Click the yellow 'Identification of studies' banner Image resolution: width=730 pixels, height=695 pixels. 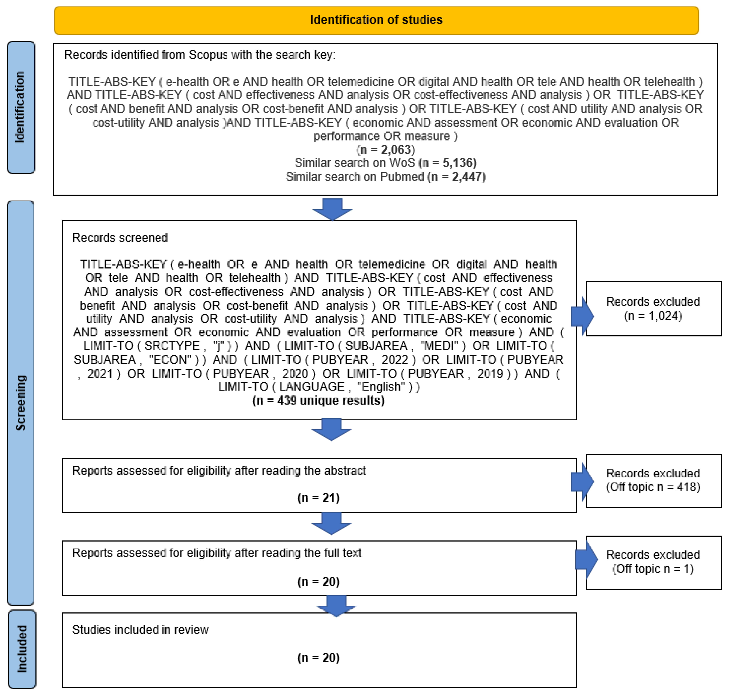[x=376, y=20]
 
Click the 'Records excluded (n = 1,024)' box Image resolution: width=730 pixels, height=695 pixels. [x=653, y=309]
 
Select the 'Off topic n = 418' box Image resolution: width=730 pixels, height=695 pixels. [x=653, y=480]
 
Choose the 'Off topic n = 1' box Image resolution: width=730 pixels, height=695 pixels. [x=653, y=562]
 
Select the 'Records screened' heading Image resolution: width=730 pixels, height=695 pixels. [x=120, y=237]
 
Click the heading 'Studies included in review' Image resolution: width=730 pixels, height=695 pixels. [x=140, y=630]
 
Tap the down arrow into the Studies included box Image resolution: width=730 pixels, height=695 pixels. [x=336, y=605]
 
